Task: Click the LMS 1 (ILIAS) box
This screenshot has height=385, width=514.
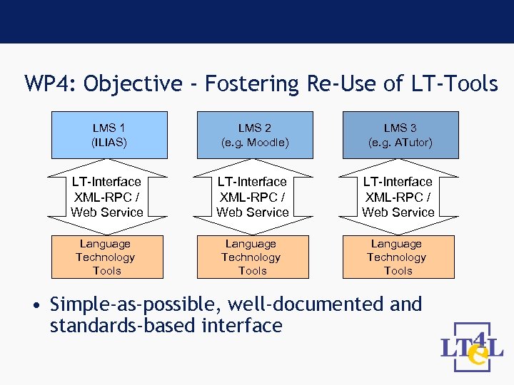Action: click(x=109, y=135)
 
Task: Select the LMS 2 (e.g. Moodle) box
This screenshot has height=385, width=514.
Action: click(x=255, y=135)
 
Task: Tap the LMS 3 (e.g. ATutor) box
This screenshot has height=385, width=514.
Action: click(x=400, y=135)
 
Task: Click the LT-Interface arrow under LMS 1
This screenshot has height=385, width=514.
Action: click(x=107, y=197)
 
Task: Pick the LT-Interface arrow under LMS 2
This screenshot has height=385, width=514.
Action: click(x=253, y=197)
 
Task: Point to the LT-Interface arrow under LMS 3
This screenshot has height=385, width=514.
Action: click(x=398, y=197)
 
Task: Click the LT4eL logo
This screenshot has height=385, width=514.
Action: click(x=472, y=348)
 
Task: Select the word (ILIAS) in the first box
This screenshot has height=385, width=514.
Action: click(x=109, y=143)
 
